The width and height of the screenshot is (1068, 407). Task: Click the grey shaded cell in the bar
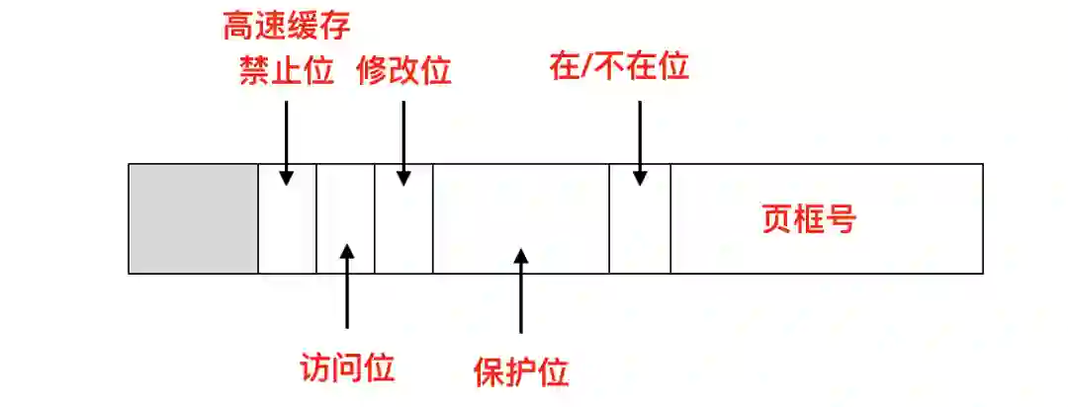tap(194, 218)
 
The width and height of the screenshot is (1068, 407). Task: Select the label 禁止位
tap(287, 71)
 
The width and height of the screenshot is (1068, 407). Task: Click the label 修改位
tap(403, 71)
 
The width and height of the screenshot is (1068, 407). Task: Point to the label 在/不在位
tap(618, 67)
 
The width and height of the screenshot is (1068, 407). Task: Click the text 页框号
tap(808, 219)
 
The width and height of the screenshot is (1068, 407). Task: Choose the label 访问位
tap(346, 367)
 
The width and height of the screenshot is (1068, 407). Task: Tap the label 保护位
tap(521, 373)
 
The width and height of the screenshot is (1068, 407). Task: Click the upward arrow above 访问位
tap(346, 286)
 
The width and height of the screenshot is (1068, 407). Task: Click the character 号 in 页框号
tap(840, 219)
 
